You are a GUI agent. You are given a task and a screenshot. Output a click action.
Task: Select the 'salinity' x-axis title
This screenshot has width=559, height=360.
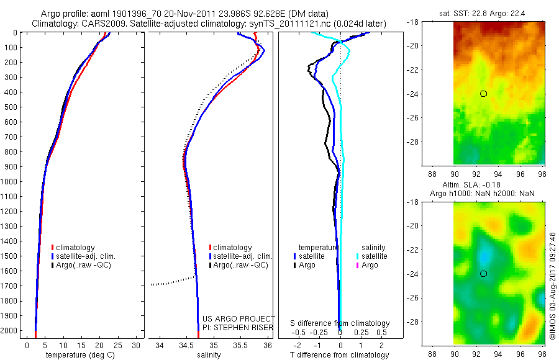click(209, 355)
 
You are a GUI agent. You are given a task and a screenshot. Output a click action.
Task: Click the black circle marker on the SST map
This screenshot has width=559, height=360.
click(483, 94)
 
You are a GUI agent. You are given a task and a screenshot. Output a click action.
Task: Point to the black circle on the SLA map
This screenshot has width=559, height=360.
click(483, 274)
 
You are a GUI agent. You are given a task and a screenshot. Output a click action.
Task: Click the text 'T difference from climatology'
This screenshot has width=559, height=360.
click(339, 355)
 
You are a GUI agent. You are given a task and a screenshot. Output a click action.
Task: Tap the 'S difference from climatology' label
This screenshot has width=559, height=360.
click(340, 323)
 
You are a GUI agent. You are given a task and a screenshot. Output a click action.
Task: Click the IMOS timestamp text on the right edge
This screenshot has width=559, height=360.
click(552, 286)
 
